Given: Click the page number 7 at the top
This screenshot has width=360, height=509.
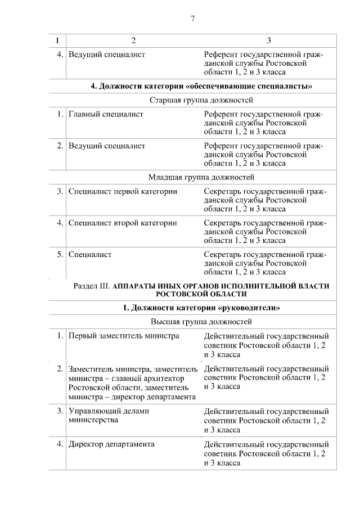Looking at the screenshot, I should pyautogui.click(x=192, y=19).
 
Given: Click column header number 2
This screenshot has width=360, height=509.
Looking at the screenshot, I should pyautogui.click(x=133, y=40).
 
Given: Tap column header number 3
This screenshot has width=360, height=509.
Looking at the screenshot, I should pyautogui.click(x=268, y=40).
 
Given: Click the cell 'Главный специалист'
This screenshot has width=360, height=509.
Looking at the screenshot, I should pyautogui.click(x=106, y=114).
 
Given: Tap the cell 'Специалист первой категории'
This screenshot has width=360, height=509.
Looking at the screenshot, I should pyautogui.click(x=123, y=192).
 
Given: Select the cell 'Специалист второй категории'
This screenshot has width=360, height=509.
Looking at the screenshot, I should pyautogui.click(x=123, y=223).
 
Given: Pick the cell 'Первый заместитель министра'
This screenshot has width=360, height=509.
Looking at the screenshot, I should pyautogui.click(x=124, y=336).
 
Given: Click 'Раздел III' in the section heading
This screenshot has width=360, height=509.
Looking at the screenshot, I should pyautogui.click(x=92, y=286).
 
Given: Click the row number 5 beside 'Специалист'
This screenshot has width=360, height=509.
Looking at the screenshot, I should pyautogui.click(x=60, y=254).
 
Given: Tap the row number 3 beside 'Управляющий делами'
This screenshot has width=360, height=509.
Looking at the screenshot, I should pyautogui.click(x=60, y=411).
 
